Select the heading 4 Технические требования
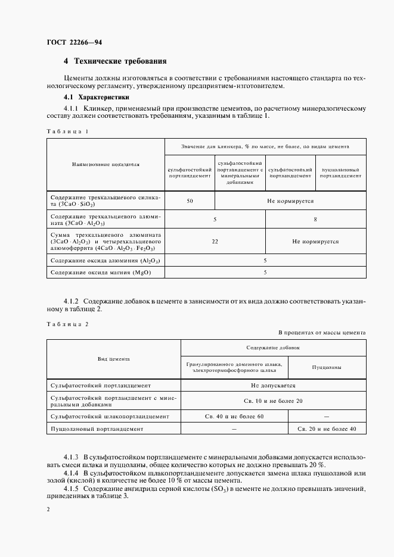pos(115,61)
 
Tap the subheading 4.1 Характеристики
pos(97,97)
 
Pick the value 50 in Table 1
pos(190,201)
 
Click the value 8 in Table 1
pos(315,220)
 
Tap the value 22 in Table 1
pos(215,242)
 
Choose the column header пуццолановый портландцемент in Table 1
pos(341,173)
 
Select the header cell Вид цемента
pos(113,359)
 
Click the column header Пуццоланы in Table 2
pos(327,367)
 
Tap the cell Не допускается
pos(273,385)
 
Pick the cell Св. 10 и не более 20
pos(273,400)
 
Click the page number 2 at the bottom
pos(48,509)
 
